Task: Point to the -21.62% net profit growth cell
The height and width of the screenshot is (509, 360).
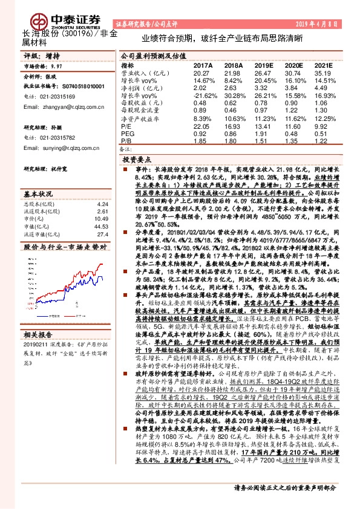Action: pos(203,96)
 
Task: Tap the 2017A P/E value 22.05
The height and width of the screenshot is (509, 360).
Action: pos(201,127)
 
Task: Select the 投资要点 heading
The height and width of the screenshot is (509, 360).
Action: pos(136,160)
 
